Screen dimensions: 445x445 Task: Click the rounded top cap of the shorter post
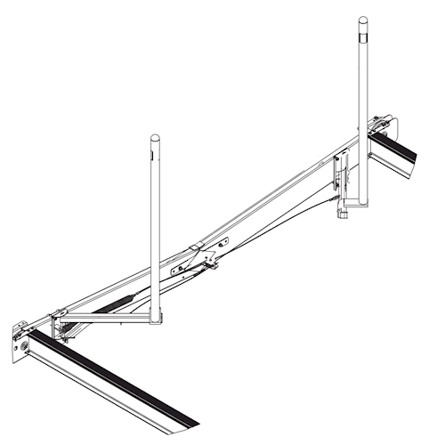tap(155, 138)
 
